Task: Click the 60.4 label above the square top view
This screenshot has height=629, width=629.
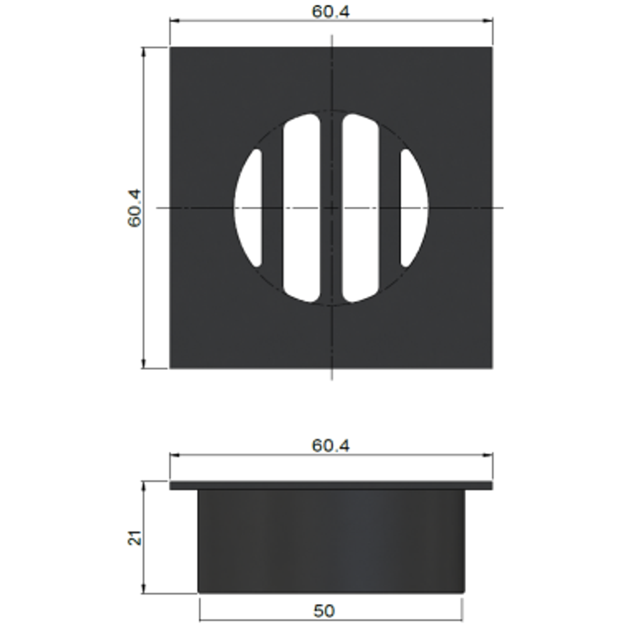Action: click(331, 12)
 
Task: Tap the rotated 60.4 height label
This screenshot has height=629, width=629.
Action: click(135, 208)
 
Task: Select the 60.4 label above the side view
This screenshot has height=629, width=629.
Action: click(331, 446)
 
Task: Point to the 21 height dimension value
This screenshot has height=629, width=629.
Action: click(135, 538)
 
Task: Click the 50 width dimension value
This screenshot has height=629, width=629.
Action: click(324, 611)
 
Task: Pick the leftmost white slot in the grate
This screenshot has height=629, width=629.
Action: click(249, 208)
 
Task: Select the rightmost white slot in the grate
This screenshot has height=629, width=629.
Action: click(413, 208)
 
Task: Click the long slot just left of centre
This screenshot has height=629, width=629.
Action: click(302, 208)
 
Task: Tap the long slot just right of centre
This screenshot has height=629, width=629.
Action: click(361, 208)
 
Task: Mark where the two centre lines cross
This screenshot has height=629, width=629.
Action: click(332, 208)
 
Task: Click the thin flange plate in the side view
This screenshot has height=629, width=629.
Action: click(331, 485)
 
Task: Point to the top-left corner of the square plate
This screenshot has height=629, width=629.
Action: click(170, 48)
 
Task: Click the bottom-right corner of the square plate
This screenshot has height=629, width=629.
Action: click(492, 368)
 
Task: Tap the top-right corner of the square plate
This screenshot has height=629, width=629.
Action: click(492, 48)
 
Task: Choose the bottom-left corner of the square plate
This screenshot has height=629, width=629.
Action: click(170, 368)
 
